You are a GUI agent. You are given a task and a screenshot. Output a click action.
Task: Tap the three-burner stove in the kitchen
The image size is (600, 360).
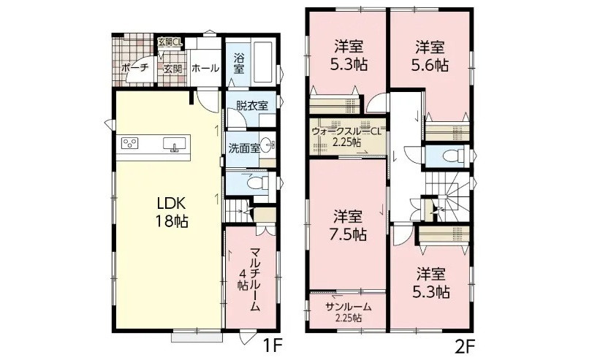130,143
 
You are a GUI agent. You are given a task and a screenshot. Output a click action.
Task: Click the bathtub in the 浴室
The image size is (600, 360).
263,61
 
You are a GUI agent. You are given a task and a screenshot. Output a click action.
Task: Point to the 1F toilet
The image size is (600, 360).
257,183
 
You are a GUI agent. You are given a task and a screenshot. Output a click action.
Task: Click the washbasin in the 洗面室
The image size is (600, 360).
268,145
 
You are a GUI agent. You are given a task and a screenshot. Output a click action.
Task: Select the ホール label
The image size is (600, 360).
205,69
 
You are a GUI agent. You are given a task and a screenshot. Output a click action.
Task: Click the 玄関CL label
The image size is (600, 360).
170,42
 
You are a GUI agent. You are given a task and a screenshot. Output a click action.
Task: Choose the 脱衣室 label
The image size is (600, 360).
252,106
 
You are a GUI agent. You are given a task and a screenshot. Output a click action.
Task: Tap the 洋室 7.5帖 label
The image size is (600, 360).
348,226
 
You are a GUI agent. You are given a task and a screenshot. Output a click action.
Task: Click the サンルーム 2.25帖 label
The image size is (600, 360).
348,312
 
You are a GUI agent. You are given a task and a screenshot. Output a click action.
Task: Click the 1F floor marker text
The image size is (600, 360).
273,346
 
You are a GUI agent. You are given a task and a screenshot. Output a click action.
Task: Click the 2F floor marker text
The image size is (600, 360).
465,346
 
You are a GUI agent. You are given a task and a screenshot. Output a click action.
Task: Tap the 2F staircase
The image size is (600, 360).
448,196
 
